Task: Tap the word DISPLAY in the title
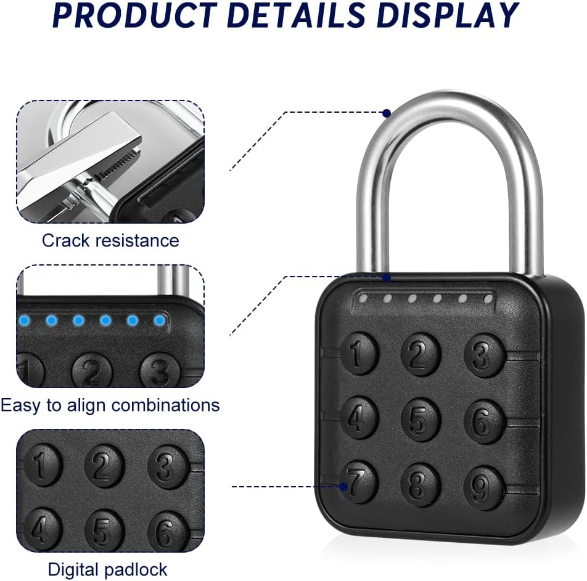click(x=448, y=15)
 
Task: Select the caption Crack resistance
click(x=110, y=240)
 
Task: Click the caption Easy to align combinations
click(x=110, y=405)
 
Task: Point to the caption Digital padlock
click(x=107, y=570)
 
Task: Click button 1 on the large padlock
click(x=359, y=353)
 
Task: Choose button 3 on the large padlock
click(x=483, y=355)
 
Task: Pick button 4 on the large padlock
click(x=359, y=418)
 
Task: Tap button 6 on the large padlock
click(x=483, y=421)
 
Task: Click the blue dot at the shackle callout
click(x=387, y=113)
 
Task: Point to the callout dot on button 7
click(x=343, y=486)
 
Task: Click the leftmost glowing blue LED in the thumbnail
click(x=25, y=320)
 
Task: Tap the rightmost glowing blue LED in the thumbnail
click(x=160, y=320)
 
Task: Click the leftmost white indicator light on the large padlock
click(x=363, y=298)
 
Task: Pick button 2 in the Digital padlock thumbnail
click(x=104, y=465)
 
